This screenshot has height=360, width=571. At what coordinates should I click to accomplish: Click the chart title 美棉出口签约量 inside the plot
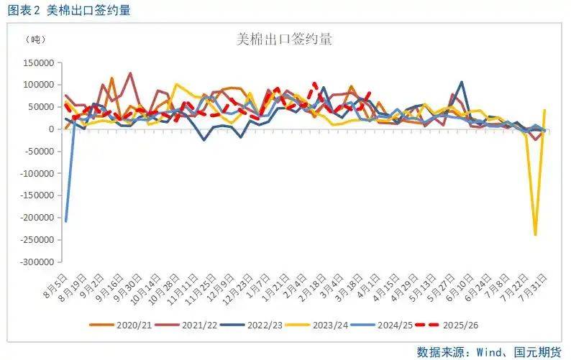[285, 40]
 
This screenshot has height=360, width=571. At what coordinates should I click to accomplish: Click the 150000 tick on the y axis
[40, 63]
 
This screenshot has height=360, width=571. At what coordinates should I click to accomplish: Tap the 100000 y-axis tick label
[40, 85]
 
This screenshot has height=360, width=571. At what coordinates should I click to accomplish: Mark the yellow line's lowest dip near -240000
[535, 234]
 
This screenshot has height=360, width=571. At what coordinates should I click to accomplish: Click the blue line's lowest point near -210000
[65, 221]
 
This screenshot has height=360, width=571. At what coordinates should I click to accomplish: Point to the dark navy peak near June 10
[461, 82]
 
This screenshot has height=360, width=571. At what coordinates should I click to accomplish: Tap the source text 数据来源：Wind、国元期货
[488, 350]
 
